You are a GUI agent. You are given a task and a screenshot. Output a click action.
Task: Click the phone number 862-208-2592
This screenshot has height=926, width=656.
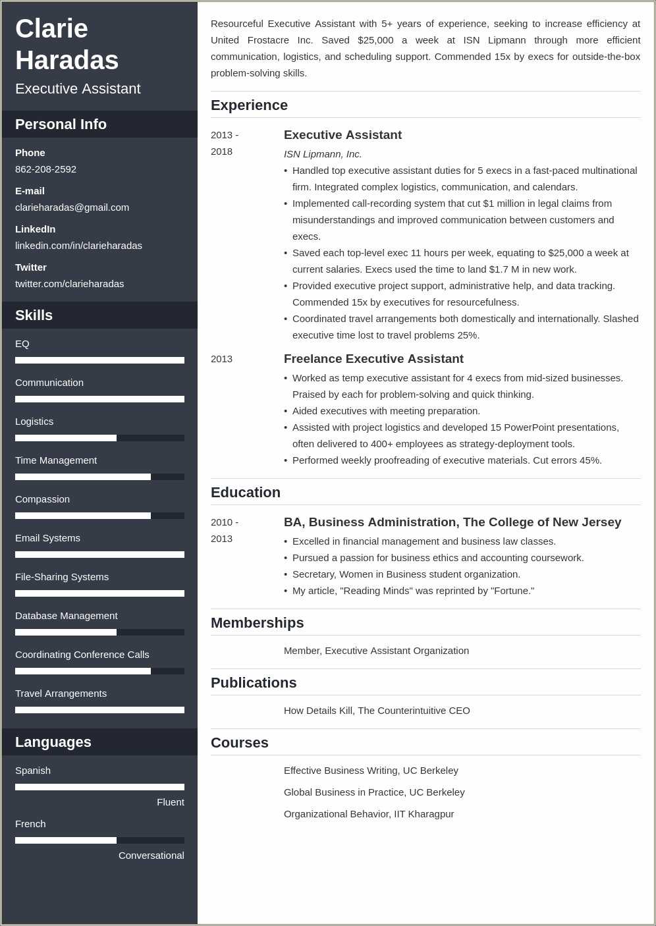point(45,169)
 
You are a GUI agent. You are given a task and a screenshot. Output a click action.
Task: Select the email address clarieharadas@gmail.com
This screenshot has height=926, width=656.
point(72,207)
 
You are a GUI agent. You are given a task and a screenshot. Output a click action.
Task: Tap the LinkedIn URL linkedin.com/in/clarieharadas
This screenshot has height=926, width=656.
point(78,246)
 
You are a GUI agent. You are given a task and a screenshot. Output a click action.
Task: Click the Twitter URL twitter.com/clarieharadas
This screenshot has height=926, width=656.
point(69,284)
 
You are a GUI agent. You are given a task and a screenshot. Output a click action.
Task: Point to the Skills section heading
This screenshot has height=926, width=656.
point(34,315)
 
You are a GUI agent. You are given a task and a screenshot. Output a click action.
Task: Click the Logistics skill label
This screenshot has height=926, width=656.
point(34,422)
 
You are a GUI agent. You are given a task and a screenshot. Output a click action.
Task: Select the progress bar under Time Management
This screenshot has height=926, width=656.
point(99,477)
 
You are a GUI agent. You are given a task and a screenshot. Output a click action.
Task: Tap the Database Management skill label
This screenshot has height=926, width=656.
point(66,616)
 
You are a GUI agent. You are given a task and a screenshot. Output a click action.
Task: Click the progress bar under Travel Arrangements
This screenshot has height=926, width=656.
point(99,710)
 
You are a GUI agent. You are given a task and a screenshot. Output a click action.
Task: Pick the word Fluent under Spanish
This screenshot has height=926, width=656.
point(170,802)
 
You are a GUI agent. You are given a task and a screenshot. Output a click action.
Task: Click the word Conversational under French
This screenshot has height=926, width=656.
point(151,856)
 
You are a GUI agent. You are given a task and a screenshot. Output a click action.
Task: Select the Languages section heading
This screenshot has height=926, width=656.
point(53,742)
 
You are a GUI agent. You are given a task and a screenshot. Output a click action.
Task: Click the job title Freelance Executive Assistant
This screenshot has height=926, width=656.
point(373,359)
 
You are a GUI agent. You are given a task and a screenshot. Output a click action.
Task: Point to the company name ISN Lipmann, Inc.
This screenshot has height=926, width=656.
point(323,154)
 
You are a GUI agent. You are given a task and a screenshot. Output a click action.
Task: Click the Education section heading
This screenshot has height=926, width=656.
point(246,493)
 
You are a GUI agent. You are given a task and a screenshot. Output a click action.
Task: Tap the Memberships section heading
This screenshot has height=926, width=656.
point(257,623)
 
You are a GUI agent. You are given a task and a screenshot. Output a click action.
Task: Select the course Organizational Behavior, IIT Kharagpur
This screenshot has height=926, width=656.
point(369,814)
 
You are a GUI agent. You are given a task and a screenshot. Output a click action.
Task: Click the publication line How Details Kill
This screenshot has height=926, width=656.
point(377,711)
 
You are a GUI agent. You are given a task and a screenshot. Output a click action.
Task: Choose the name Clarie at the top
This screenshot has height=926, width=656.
point(51,29)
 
